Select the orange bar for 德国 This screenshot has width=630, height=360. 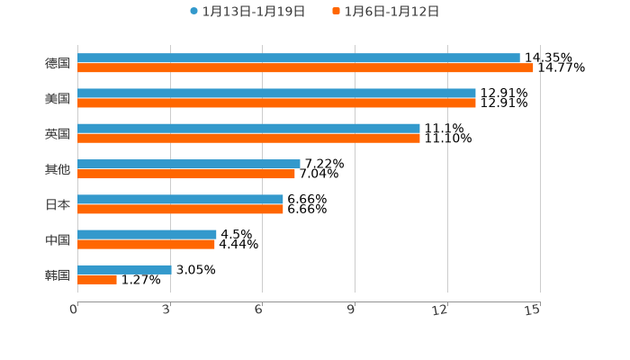(305, 68)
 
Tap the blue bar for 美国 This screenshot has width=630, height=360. (276, 94)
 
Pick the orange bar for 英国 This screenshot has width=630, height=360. (248, 139)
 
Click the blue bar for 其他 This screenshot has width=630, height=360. (189, 164)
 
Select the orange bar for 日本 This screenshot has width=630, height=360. (180, 209)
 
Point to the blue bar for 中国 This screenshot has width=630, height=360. (147, 234)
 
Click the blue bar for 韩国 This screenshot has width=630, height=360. (124, 269)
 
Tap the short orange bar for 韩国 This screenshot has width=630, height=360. (97, 280)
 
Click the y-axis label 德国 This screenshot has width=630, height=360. (57, 63)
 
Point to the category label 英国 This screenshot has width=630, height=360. (57, 134)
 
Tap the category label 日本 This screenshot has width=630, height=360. (57, 204)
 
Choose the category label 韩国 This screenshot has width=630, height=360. (57, 274)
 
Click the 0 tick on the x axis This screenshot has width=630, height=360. (75, 310)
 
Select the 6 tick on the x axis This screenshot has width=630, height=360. (258, 310)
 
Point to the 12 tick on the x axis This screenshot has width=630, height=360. (441, 310)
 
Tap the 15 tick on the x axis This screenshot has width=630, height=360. (534, 310)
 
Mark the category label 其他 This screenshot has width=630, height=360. (57, 169)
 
